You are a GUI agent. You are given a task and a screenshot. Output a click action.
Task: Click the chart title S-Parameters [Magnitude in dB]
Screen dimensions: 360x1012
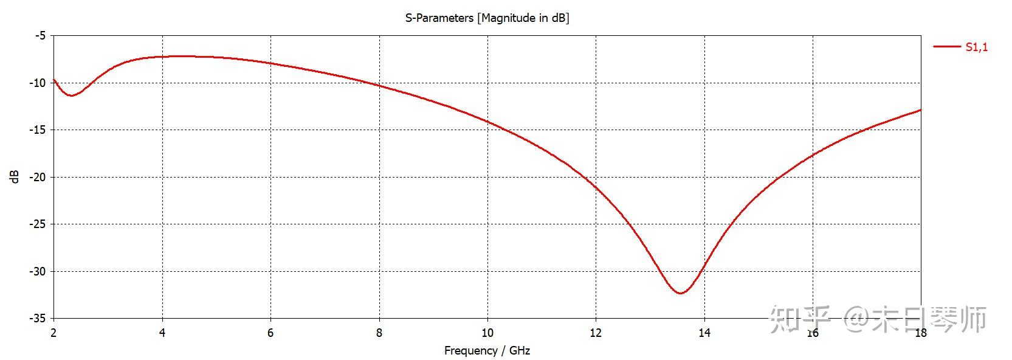pos(487,18)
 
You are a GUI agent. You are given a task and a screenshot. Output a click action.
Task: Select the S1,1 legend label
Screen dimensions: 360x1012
pos(976,47)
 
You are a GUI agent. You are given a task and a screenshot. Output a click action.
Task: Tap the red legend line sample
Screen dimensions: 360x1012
pos(946,46)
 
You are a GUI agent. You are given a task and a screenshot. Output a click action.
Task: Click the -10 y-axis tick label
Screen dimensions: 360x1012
pos(38,83)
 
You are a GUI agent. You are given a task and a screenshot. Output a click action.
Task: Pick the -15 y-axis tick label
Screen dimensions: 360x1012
pos(38,130)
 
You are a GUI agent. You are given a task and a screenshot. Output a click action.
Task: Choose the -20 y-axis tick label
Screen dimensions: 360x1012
pos(38,178)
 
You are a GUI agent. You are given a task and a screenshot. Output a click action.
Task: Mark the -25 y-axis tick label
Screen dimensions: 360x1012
pos(38,224)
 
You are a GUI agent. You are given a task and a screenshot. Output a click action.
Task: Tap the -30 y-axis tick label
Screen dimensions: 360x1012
pos(38,272)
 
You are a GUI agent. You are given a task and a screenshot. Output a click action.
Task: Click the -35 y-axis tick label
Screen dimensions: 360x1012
pos(38,319)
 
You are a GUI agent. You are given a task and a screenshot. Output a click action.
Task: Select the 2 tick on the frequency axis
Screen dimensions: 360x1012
pos(53,333)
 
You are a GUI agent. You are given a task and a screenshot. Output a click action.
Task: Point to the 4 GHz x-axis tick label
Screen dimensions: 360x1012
pos(162,333)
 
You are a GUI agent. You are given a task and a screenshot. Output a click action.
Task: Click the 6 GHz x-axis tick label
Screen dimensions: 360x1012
pos(270,333)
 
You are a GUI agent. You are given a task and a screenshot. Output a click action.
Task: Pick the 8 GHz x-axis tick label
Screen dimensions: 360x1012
pos(379,333)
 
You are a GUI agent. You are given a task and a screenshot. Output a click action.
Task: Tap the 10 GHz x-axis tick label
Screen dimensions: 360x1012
pos(487,333)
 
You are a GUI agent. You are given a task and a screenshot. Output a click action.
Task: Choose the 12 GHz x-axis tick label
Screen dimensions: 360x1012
pos(596,333)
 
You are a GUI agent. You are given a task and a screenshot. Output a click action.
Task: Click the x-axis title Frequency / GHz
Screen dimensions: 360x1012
pos(487,351)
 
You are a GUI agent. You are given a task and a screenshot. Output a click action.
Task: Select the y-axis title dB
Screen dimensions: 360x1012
pos(15,176)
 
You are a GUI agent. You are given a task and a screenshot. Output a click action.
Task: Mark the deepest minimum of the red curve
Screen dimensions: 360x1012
pos(680,293)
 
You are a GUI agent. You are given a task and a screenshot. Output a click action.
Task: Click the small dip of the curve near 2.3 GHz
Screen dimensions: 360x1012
pos(71,95)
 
